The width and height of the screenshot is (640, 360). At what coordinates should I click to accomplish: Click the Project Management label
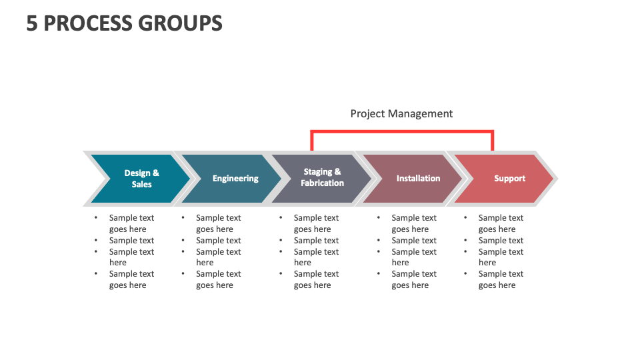tap(401, 114)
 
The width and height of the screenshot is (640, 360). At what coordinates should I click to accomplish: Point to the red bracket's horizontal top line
tap(402, 132)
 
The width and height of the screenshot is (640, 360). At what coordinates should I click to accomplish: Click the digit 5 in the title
tap(32, 23)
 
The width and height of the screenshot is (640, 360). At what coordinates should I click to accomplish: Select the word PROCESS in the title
tap(87, 23)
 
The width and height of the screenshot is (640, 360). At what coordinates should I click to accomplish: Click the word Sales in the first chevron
tap(141, 185)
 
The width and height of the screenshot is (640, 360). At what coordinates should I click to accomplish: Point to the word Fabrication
tap(323, 183)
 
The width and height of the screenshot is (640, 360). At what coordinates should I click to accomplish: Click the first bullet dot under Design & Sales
tap(96, 217)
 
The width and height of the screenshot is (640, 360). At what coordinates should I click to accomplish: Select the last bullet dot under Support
tap(465, 273)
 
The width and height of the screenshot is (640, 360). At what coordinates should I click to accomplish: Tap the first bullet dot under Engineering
tap(183, 217)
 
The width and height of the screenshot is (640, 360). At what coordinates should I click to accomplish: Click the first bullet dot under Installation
tap(379, 217)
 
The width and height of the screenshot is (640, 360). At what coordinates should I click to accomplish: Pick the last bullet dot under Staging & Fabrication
tap(281, 273)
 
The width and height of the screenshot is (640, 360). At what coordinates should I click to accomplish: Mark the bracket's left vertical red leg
tap(312, 141)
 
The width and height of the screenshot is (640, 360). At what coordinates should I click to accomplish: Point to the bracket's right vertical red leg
tap(493, 141)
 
